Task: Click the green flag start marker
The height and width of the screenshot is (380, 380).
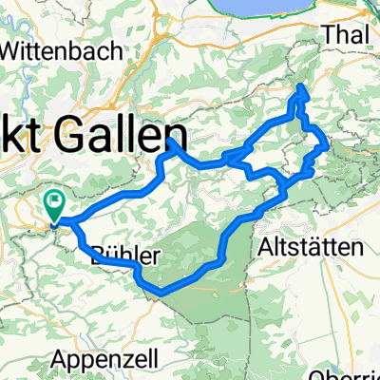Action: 54,203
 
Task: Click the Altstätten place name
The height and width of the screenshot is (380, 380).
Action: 312,248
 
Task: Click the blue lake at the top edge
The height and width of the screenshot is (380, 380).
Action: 285,6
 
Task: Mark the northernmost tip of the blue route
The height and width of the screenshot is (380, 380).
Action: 302,87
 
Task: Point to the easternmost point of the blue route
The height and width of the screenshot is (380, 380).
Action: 328,146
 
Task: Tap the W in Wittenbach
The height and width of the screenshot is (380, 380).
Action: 17,50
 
